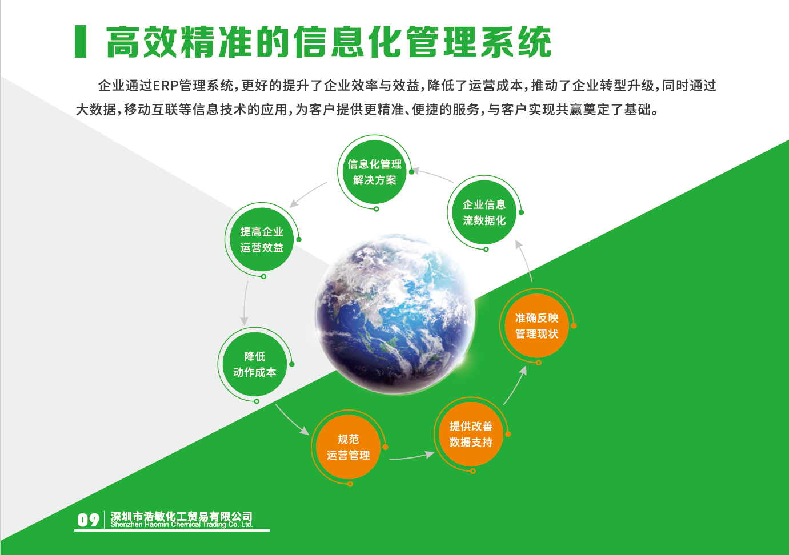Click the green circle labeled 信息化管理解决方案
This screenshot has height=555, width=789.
click(x=374, y=172)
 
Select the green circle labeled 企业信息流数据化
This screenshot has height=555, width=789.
click(x=484, y=212)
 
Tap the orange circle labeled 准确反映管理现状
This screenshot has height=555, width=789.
click(x=536, y=325)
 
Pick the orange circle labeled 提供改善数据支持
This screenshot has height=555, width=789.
click(x=471, y=434)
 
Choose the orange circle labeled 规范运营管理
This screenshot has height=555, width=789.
click(x=348, y=447)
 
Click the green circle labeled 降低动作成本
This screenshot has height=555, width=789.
click(x=254, y=364)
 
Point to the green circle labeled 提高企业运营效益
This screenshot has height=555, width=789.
click(x=261, y=239)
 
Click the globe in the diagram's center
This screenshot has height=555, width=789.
click(x=395, y=314)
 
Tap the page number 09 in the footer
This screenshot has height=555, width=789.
click(x=88, y=520)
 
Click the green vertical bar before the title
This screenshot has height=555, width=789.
click(x=81, y=41)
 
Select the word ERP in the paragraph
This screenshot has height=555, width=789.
click(x=166, y=86)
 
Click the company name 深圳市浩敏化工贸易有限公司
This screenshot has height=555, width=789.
click(x=182, y=516)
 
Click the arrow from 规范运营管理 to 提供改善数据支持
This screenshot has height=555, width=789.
click(x=411, y=456)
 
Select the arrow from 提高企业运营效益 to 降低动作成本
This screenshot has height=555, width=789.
click(x=245, y=303)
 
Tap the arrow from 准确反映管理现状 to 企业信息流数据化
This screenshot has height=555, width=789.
click(x=524, y=260)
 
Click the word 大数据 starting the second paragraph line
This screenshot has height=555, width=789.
click(x=96, y=110)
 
